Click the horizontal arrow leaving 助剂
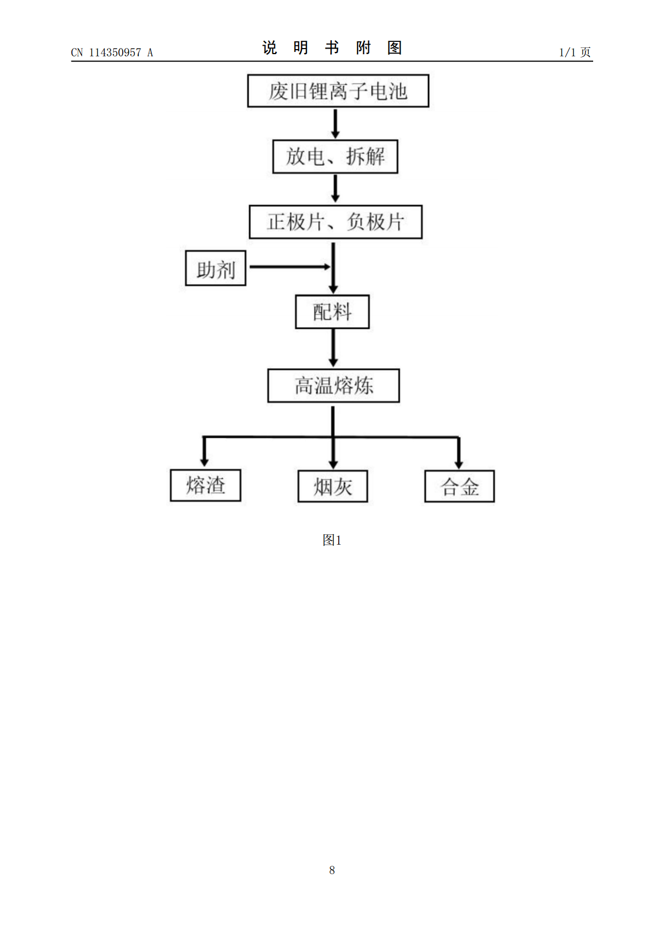[290, 267]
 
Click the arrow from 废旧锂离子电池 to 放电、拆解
[335, 124]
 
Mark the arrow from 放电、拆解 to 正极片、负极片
[335, 189]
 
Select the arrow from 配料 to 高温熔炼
[333, 348]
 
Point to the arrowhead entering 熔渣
[204, 462]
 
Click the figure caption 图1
[332, 540]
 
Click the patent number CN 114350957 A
[112, 52]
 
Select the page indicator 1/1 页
[575, 52]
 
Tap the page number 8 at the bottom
[332, 870]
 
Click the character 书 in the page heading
[332, 47]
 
